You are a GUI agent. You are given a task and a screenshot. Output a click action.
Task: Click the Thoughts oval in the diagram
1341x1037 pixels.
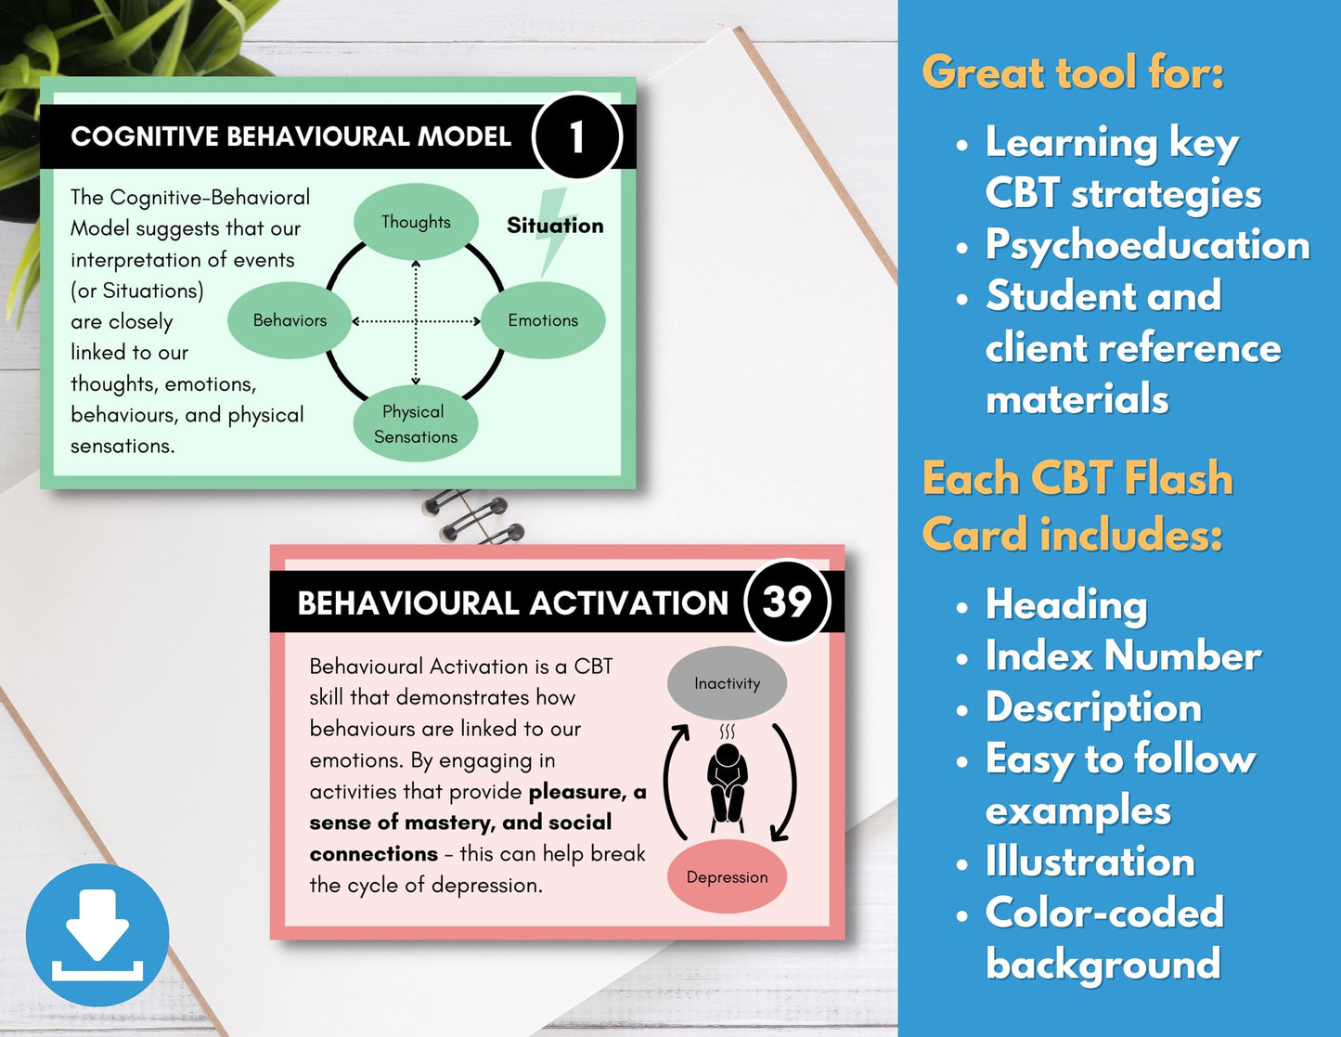pos(416,222)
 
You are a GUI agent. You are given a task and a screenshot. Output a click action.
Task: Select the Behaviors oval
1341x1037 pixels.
pos(290,320)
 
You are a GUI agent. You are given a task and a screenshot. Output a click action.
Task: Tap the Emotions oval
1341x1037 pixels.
pos(543,320)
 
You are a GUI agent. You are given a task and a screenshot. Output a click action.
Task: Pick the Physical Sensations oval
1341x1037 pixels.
pos(416,423)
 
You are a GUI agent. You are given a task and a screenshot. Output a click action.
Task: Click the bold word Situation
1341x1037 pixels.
pos(555,226)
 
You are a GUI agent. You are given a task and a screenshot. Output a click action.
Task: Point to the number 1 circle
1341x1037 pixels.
pos(577,136)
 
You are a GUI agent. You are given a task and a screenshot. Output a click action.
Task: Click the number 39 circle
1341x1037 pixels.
pos(787,602)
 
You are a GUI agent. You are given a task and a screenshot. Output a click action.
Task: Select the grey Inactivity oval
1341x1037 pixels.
pos(727,683)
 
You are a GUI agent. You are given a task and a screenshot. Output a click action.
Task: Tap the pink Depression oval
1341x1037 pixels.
pos(727,876)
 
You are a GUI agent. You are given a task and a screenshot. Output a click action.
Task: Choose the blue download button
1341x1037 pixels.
pos(97,935)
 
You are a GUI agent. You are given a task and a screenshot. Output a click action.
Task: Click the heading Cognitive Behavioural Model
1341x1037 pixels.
pos(290,136)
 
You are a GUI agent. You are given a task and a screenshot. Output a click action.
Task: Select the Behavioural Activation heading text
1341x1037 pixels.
pos(513,603)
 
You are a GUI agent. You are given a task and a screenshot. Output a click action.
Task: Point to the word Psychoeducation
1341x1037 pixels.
pos(1147,245)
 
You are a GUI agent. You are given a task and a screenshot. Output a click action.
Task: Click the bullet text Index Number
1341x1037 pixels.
pos(1123,655)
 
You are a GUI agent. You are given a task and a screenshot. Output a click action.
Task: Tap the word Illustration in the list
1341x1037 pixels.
pos(1090,862)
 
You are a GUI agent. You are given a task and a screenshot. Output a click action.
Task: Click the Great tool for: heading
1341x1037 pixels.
pos(1073,72)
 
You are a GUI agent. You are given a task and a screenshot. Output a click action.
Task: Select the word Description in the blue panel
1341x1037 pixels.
pos(1093,708)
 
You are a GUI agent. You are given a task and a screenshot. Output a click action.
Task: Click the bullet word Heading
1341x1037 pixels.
pos(1066,605)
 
